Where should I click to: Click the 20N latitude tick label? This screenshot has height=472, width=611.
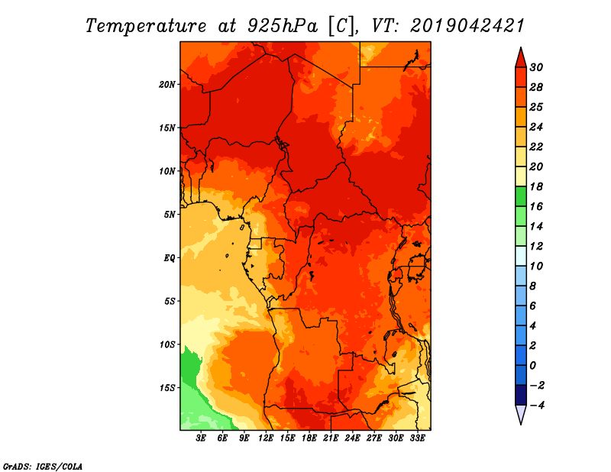click(167, 85)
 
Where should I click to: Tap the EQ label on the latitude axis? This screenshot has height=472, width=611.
click(170, 258)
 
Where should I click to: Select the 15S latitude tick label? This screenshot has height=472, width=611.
click(167, 388)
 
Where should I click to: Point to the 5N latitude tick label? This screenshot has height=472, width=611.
click(170, 215)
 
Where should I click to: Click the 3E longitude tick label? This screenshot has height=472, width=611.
click(201, 438)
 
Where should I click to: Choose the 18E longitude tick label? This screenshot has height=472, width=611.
click(309, 438)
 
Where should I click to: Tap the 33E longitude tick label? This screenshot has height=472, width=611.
click(417, 438)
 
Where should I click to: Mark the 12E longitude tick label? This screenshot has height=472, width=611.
click(266, 438)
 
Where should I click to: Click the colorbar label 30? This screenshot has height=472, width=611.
click(536, 68)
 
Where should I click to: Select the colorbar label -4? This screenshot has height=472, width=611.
click(537, 406)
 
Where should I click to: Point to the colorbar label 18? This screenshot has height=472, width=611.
click(536, 187)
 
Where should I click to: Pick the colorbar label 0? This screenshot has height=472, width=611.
click(532, 366)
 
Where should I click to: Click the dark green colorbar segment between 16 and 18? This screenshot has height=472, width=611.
click(521, 196)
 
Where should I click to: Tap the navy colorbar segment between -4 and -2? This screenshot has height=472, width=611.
click(521, 395)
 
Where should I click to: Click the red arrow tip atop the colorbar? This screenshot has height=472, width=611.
click(521, 47)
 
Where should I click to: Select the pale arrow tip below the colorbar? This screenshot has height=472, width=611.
click(521, 424)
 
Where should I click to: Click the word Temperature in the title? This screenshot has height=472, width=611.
click(146, 26)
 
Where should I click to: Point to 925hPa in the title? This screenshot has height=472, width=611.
click(283, 26)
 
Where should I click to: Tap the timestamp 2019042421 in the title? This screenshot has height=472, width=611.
click(467, 26)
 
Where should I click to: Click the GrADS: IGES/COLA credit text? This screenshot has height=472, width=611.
click(43, 467)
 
